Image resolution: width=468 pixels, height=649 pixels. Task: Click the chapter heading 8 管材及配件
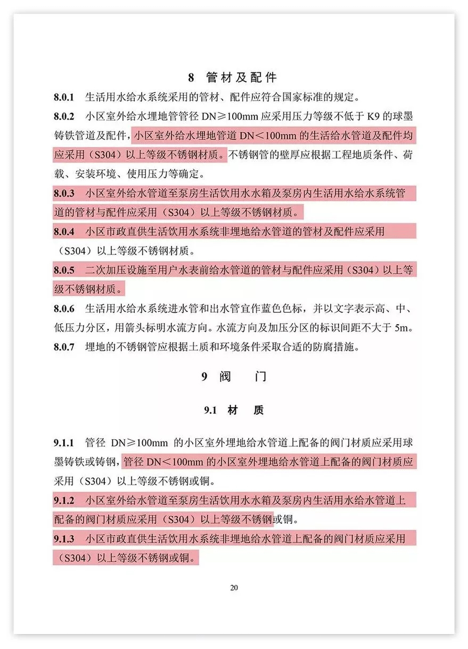click(x=232, y=78)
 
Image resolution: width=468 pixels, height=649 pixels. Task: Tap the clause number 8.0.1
click(x=64, y=97)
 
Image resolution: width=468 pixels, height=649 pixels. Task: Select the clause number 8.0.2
click(x=64, y=117)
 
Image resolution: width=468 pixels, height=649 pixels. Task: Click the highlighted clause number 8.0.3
click(x=64, y=193)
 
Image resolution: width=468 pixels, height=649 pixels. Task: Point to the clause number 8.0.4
click(x=64, y=232)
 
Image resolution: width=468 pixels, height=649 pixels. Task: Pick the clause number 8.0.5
click(x=64, y=270)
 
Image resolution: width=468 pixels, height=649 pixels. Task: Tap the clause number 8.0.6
click(x=64, y=309)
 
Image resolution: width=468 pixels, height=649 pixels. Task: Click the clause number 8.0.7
click(x=64, y=347)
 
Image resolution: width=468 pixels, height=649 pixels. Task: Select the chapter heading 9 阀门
click(x=234, y=376)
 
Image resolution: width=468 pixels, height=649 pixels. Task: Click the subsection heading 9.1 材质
click(x=234, y=410)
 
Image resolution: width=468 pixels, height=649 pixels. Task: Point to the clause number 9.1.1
click(x=64, y=443)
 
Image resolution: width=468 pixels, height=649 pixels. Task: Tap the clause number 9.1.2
click(x=64, y=500)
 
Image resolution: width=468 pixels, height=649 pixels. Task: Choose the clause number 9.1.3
click(x=64, y=539)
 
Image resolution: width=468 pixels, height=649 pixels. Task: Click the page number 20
click(x=234, y=587)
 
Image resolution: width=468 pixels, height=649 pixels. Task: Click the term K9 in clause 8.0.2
click(x=373, y=117)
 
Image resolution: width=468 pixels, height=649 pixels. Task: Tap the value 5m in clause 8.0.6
click(x=401, y=328)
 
